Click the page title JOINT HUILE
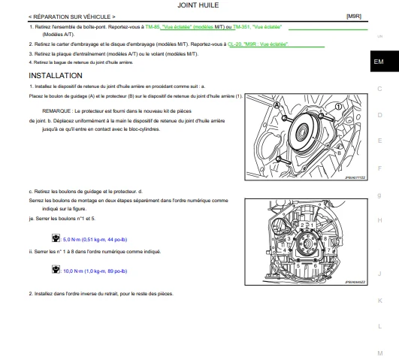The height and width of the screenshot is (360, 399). [x=198, y=5]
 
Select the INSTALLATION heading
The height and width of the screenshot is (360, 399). [x=56, y=76]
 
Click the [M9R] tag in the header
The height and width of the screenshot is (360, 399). [x=354, y=17]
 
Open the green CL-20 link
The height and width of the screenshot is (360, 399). [x=234, y=44]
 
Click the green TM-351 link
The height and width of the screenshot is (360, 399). [x=241, y=27]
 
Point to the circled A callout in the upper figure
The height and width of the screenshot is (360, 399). [x=277, y=105]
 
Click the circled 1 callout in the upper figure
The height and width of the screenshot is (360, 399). [x=338, y=107]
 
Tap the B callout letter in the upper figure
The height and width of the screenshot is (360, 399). [x=339, y=153]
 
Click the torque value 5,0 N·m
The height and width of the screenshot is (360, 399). [x=71, y=240]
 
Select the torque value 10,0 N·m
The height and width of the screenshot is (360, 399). [x=73, y=271]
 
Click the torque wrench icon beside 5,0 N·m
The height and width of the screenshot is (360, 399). [x=56, y=238]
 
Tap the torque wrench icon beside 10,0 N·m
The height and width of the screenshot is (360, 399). [x=56, y=269]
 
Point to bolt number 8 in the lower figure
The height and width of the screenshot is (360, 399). [x=325, y=239]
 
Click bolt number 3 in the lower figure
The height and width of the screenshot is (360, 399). [x=289, y=239]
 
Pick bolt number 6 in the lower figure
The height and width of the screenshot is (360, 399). [x=315, y=266]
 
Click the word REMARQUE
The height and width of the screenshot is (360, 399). [x=56, y=111]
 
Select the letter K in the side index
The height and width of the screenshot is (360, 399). [x=380, y=301]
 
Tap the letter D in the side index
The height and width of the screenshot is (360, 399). [x=380, y=115]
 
